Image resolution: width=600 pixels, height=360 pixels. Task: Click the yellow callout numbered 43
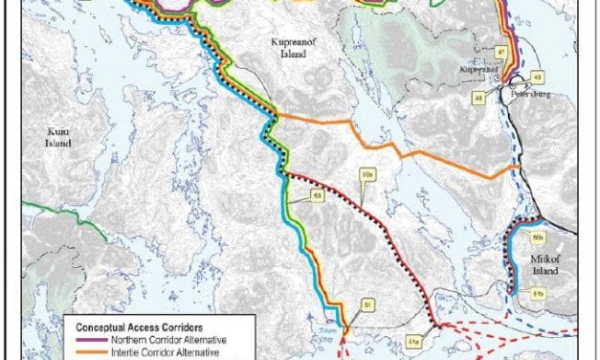538,78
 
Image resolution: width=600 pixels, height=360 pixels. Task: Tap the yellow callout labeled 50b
538,236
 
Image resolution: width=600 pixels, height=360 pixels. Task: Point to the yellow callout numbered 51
366,305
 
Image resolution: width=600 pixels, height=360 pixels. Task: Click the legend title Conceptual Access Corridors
145,326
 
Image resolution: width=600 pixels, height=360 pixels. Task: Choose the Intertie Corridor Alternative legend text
164,351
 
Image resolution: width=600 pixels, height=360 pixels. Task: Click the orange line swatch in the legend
87,351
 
